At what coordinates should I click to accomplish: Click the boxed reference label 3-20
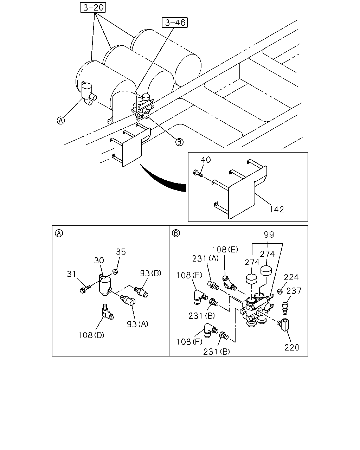(x=93, y=7)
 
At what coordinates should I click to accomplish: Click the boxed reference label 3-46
(x=175, y=22)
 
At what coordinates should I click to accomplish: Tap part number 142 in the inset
(x=277, y=209)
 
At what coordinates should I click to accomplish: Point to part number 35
(x=121, y=252)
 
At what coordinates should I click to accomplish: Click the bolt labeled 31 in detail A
(x=85, y=289)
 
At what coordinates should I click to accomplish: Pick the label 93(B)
(x=150, y=273)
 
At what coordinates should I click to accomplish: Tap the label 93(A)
(x=137, y=324)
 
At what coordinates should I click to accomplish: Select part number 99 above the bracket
(x=269, y=234)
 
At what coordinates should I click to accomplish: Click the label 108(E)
(x=225, y=250)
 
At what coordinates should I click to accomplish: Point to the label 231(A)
(x=205, y=259)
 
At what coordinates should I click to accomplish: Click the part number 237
(x=294, y=291)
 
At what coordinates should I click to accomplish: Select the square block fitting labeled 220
(x=283, y=325)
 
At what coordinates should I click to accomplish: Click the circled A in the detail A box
(x=59, y=233)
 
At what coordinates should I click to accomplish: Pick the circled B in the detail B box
(x=176, y=233)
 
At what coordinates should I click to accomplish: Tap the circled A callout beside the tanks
(x=61, y=121)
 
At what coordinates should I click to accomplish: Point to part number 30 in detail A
(x=99, y=261)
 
